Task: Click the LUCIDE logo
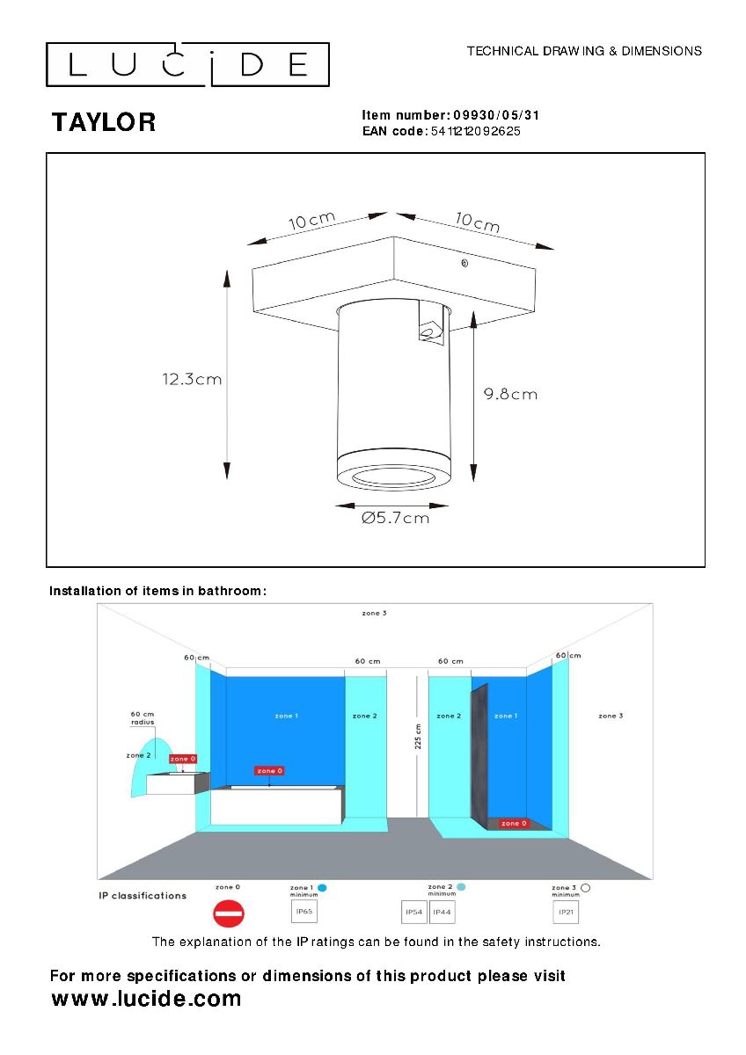tap(187, 64)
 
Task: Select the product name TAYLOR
tap(104, 122)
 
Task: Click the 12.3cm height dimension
tap(191, 380)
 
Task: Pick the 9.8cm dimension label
tap(510, 394)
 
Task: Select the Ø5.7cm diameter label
tap(395, 519)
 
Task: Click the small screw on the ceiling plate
tap(464, 263)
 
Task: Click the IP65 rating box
tap(304, 912)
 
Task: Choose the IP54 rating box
tap(413, 913)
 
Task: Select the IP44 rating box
tap(442, 913)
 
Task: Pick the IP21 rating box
tap(567, 913)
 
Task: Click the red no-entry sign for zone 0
tap(228, 914)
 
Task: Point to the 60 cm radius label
tap(143, 717)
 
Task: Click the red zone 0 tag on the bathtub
tap(269, 770)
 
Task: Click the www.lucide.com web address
tap(146, 999)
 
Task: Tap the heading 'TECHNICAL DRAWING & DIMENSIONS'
tap(584, 51)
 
